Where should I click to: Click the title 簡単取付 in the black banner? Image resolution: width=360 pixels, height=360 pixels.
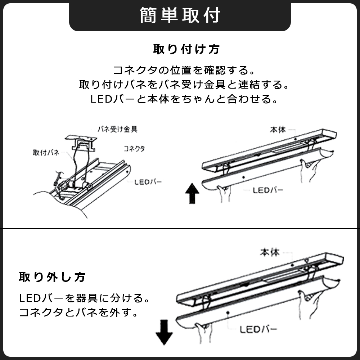pos(180,15)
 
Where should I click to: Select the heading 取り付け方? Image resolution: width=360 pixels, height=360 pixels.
pos(186,49)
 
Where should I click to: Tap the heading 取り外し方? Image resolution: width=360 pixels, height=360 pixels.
pos(52,277)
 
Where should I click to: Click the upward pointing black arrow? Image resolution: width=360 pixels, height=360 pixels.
pos(192,193)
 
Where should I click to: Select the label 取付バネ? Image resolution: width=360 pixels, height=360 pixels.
pos(45,152)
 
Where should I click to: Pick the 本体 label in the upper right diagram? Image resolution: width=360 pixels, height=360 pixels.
pos(278,129)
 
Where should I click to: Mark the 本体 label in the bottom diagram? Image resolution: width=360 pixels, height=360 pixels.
pos(270,252)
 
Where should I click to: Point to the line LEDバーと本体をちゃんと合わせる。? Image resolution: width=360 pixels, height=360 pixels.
pos(184,99)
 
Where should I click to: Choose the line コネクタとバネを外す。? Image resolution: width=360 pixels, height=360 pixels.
pos(78,312)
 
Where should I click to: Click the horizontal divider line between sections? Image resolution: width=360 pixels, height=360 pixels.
pos(180,229)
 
